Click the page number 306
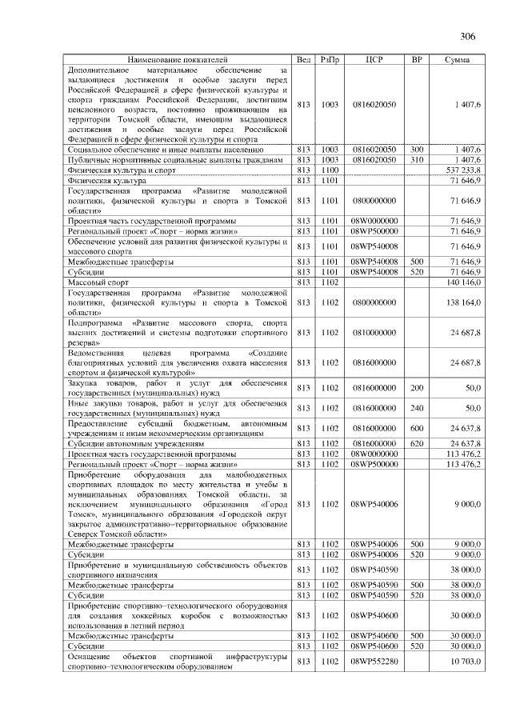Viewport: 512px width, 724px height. (x=469, y=36)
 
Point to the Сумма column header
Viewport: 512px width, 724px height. (x=457, y=60)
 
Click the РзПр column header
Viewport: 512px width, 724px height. (x=330, y=60)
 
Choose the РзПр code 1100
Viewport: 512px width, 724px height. (x=330, y=170)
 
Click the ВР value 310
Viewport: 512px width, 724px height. (x=416, y=160)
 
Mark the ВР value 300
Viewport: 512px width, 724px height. (x=416, y=150)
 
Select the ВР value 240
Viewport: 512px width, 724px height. (x=416, y=408)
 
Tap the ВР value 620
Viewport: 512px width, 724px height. (x=416, y=442)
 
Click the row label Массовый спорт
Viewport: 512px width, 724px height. (x=97, y=282)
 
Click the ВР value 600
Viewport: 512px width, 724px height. (x=416, y=427)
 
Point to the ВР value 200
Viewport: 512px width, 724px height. (x=416, y=387)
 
